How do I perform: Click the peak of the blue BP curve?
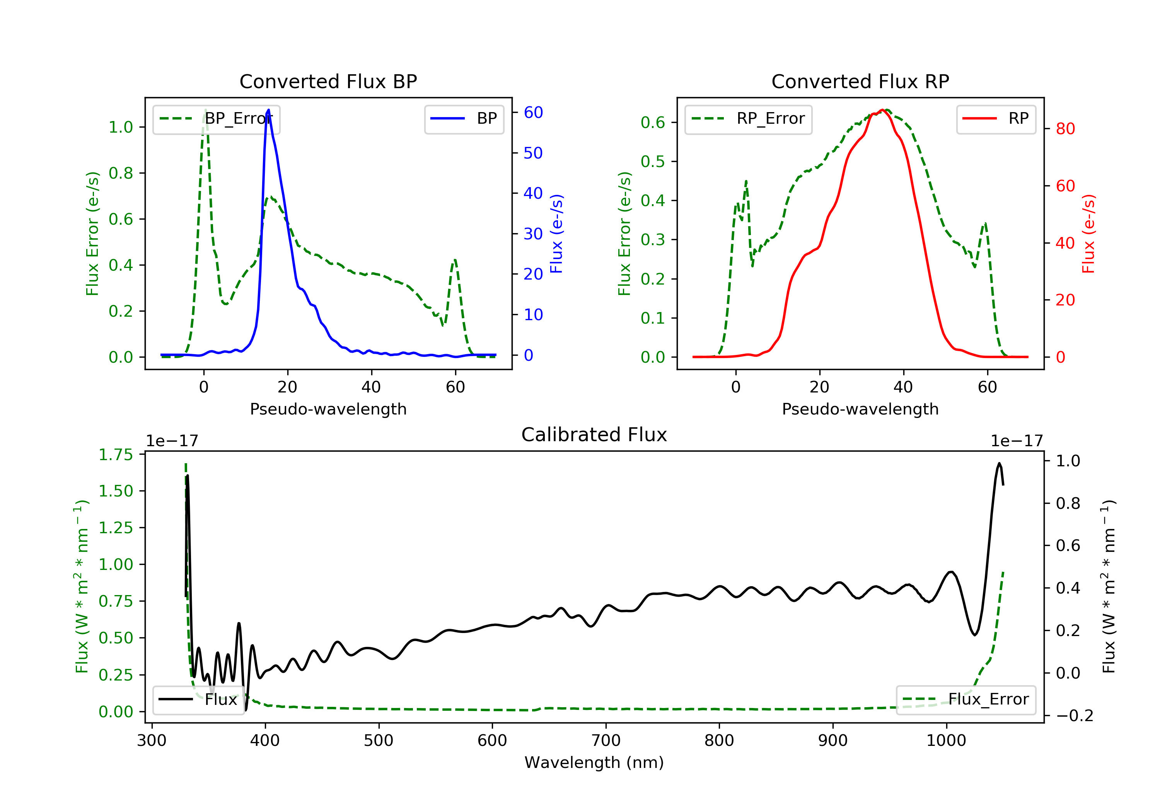click(268, 110)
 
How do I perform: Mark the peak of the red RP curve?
click(882, 110)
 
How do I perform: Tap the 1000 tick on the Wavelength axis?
click(946, 741)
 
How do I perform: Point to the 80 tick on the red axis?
click(1065, 129)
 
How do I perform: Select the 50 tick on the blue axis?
click(533, 153)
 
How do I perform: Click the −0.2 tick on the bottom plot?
click(1074, 715)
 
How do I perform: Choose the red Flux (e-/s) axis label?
click(1088, 234)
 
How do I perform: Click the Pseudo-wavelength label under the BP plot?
click(328, 409)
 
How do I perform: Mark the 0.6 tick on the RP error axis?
click(652, 122)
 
